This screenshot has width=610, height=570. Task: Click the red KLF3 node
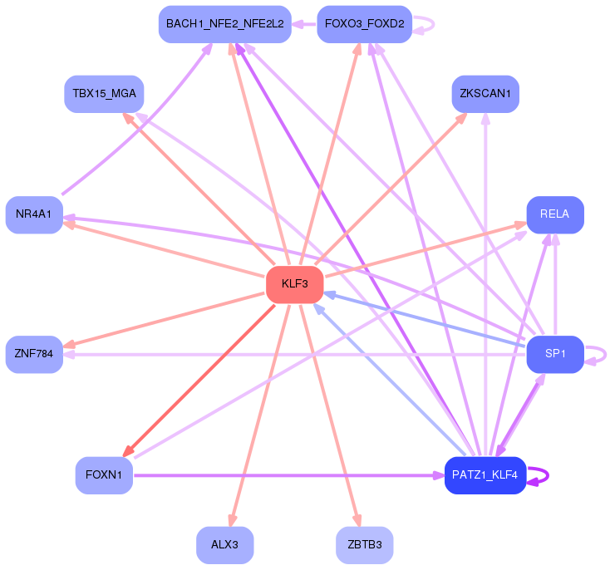(294, 285)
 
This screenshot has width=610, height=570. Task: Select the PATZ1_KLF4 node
(485, 475)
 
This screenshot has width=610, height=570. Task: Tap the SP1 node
(554, 354)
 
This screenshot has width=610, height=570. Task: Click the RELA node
(554, 214)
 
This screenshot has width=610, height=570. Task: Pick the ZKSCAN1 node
(485, 94)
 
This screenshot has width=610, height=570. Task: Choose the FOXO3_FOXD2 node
(364, 24)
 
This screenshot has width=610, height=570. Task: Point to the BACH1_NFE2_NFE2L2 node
(224, 24)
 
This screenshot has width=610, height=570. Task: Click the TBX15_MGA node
(104, 94)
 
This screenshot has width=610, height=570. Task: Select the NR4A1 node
(34, 214)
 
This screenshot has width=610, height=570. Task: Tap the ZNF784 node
(34, 354)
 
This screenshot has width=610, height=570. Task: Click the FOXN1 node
(104, 475)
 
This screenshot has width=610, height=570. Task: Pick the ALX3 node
(224, 545)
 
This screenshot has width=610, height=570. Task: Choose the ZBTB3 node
(364, 545)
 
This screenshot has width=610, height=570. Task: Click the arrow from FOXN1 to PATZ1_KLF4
(283, 475)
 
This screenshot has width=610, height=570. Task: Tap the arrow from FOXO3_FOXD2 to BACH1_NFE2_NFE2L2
(304, 24)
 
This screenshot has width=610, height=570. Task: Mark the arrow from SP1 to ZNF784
(291, 354)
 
